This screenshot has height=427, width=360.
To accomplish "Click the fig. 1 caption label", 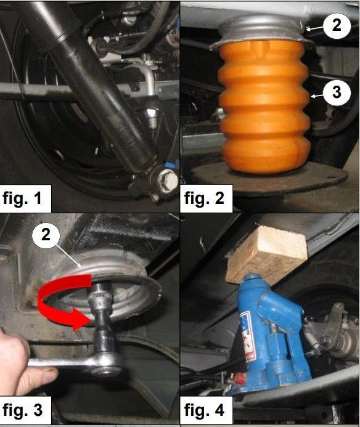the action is click(22, 198).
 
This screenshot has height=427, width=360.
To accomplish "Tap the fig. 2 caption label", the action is click(204, 198).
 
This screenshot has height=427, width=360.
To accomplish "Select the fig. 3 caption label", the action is click(22, 409).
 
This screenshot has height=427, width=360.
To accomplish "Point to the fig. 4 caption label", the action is click(204, 409).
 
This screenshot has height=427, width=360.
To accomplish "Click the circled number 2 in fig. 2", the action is click(337, 25).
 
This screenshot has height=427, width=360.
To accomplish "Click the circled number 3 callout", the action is click(337, 92).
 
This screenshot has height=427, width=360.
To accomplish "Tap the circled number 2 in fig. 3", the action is click(46, 235).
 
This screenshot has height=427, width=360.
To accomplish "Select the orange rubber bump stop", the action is click(264, 106).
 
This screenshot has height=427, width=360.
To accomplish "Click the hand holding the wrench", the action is click(25, 362).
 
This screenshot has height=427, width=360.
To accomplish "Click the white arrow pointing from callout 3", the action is click(317, 96).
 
